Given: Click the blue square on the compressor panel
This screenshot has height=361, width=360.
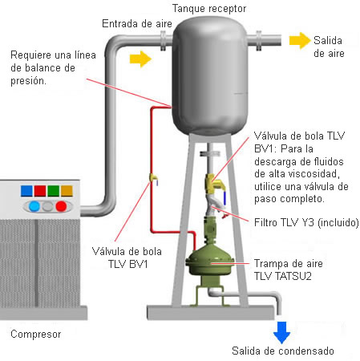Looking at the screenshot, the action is tap(26, 191).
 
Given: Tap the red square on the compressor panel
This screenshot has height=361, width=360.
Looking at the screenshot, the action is tap(40, 191).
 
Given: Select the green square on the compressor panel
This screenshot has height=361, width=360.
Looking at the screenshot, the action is tap(54, 191).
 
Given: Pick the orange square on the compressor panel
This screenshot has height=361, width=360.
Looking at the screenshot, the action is tap(67, 191).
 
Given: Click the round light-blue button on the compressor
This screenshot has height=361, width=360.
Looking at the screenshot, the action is tap(34, 206).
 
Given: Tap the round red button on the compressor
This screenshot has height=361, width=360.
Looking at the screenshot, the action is tap(61, 206).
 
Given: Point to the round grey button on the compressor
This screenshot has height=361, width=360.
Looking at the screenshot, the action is tap(48, 206).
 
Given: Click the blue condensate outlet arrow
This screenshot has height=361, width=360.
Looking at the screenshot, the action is tap(281, 332).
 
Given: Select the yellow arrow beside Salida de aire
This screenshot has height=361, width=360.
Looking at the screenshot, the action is tap(300, 41).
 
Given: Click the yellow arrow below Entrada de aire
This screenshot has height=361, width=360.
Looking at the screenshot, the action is tap(140, 59).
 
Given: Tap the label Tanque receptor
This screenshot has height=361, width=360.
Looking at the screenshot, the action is tap(209, 9).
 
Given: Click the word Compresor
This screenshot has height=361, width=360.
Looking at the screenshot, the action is tap(36, 335).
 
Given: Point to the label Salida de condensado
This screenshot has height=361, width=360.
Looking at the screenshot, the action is tap(283, 351).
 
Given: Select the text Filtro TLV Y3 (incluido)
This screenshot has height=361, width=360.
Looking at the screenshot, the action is tap(306, 222).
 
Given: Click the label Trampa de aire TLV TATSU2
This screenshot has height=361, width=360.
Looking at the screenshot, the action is tap(289, 270).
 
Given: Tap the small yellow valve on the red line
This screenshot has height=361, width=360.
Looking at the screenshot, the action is tap(153, 178).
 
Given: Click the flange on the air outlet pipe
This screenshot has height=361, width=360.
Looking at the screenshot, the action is tap(259, 41).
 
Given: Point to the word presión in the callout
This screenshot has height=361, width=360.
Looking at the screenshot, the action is tap(28, 81).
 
